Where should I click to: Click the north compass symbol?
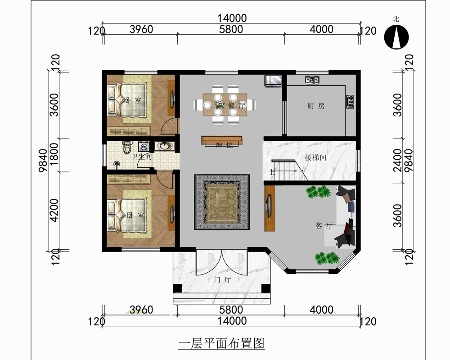coord(396,37)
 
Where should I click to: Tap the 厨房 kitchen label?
coord(316,106)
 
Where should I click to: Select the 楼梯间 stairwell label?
coord(315,157)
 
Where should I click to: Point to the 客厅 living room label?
coord(324,225)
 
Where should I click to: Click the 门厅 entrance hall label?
coord(223,279)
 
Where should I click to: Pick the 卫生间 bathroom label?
coord(141,157)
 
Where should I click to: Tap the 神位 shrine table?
coord(222,141)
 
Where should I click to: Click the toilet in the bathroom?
coord(126,147)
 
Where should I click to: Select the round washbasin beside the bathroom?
coord(164,146)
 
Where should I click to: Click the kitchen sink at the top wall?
coord(312,79)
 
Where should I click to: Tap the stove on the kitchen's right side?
coord(350,102)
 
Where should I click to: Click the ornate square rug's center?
coord(222,202)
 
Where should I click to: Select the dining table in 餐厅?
coord(225,105)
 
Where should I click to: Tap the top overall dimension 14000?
coord(232,18)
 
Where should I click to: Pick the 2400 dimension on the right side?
coord(397,160)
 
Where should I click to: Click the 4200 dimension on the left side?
coord(54,211)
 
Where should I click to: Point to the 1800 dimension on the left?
coord(54,155)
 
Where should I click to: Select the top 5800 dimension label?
coord(231,29)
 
